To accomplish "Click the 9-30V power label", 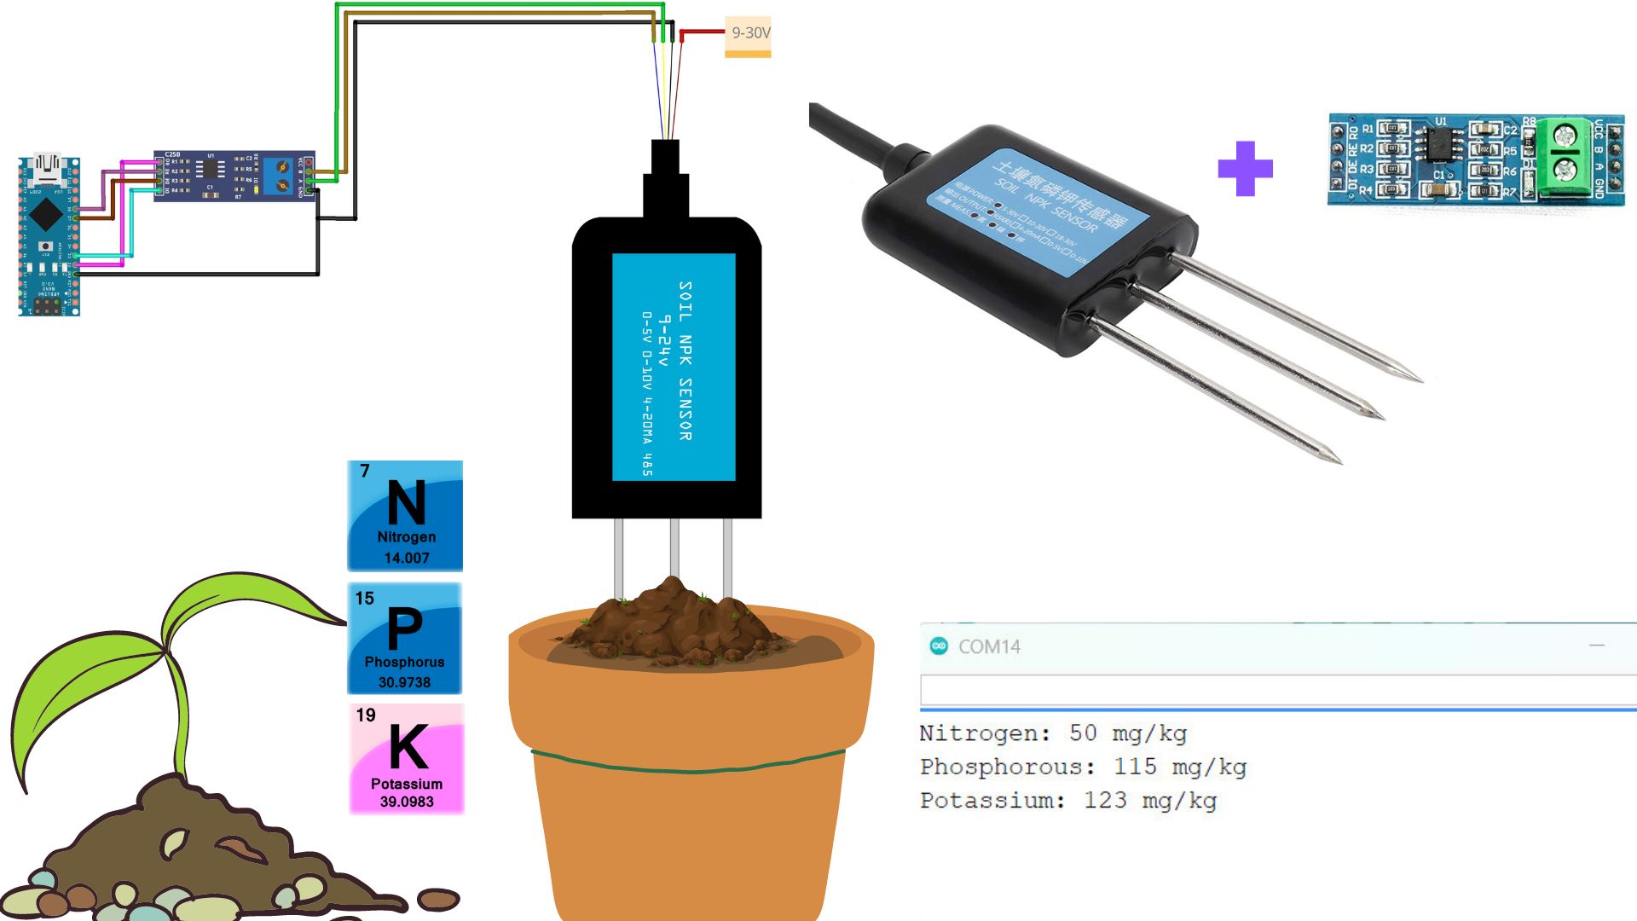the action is coord(748,34).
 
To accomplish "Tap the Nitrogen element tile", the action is coord(405,516).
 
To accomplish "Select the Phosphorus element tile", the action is coord(405,639).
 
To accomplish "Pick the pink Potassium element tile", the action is coord(407,759).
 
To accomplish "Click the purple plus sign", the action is coord(1245,168).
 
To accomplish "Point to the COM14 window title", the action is coord(989,646).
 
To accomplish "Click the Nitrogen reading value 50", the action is coord(1083,733).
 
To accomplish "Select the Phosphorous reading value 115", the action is coord(1135,767).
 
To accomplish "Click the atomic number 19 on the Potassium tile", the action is coord(366,715).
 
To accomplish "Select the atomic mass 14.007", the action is coord(407,558).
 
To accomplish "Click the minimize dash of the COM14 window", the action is coord(1596,646).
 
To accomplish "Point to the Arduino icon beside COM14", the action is coord(939,646).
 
